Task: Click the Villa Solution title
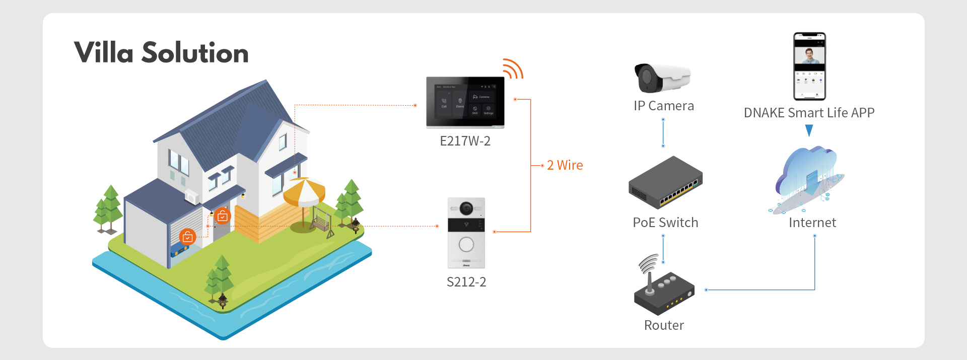[161, 53]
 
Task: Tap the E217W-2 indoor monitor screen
[465, 102]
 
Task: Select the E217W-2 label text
[465, 141]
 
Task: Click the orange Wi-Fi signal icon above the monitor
[513, 69]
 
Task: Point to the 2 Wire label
[565, 165]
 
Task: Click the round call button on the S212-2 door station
[466, 245]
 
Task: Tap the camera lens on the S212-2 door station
[466, 207]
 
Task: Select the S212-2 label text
[466, 282]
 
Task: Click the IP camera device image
[662, 78]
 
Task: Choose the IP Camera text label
[664, 106]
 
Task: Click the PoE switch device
[665, 182]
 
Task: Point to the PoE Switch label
[665, 223]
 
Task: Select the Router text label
[664, 325]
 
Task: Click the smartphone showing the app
[809, 66]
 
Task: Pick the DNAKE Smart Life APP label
[809, 113]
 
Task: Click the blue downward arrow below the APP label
[809, 130]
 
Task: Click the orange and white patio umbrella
[304, 192]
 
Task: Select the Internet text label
[812, 223]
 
